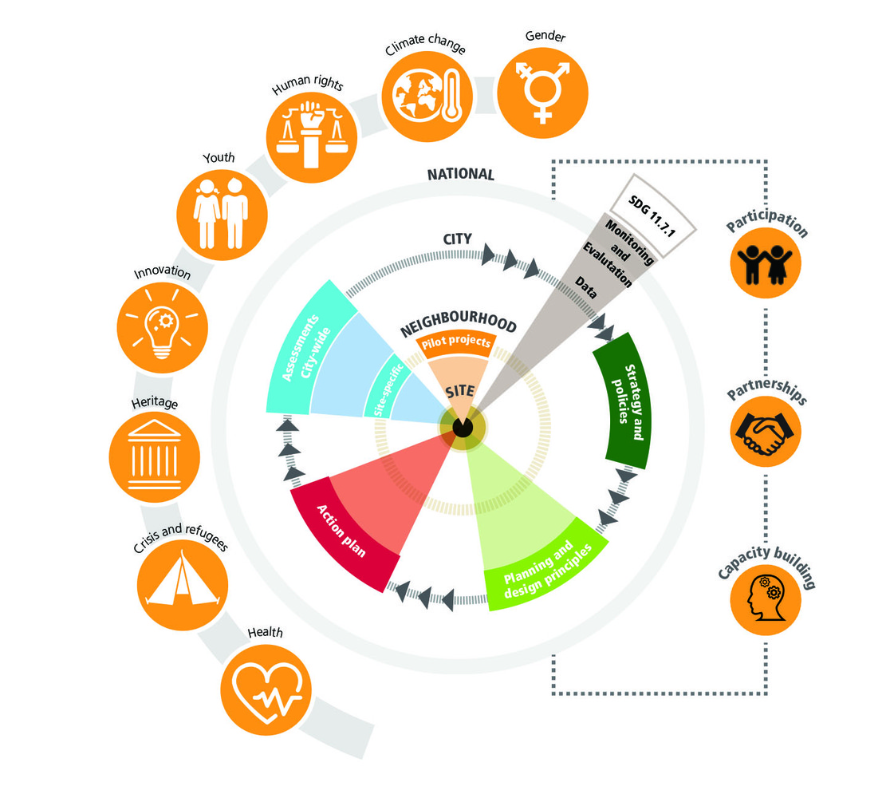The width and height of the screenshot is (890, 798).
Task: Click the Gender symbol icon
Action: [542, 93]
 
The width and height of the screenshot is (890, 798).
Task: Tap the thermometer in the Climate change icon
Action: [452, 96]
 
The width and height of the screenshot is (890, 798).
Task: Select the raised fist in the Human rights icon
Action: [311, 116]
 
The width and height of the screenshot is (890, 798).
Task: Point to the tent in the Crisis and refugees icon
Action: [182, 579]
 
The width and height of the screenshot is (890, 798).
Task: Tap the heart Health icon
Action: [266, 690]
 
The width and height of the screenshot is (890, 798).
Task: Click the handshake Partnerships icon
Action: [765, 431]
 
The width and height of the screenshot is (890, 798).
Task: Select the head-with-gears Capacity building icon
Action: [765, 599]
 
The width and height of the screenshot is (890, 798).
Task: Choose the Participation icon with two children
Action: [765, 263]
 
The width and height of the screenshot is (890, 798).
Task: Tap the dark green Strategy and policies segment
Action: [623, 401]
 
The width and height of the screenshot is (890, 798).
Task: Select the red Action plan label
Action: [341, 531]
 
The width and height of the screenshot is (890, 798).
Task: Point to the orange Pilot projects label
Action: [456, 342]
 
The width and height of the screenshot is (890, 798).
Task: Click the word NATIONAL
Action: [461, 175]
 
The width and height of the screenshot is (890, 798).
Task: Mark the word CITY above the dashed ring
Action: [458, 239]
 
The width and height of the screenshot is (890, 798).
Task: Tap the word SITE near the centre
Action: [460, 391]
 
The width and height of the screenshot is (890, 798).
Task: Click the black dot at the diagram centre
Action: [463, 427]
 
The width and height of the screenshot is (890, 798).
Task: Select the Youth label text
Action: [219, 157]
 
